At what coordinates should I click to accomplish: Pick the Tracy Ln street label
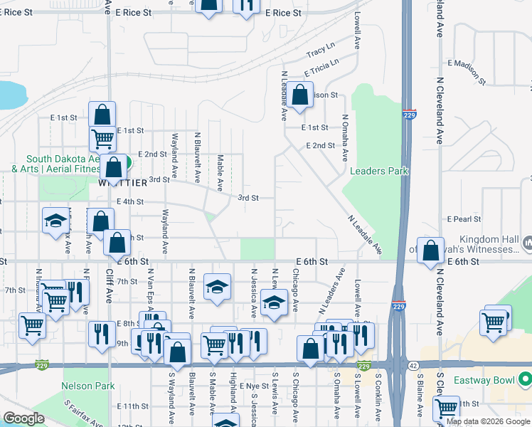coord(320,51)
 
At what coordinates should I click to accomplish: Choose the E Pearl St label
coord(464,219)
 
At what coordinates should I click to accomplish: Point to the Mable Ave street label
coord(220,173)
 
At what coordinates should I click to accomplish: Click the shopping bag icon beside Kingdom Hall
coord(430,251)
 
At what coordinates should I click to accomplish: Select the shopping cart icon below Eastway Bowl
coord(447,408)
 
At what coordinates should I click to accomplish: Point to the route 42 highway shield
coord(413,366)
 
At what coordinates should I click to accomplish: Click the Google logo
coord(24,418)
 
